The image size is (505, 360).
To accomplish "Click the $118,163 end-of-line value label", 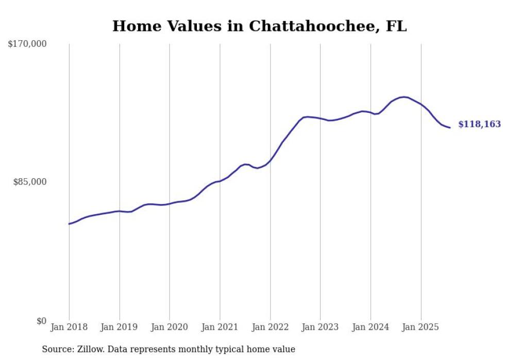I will coord(479,124).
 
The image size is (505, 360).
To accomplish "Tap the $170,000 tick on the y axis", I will coord(27,44).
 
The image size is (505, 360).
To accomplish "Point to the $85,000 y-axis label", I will coord(30,182).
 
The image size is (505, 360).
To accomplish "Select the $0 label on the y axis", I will coord(41,321).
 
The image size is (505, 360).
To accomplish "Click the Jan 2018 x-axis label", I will coord(69,327).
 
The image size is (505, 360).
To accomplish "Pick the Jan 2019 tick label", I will coord(120,327).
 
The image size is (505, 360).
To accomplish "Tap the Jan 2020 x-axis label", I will coord(170,327).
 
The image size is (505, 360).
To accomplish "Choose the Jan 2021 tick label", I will coord(220,327).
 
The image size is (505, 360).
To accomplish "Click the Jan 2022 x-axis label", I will coord(270,327).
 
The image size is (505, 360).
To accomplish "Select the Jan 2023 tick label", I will coord(321,327).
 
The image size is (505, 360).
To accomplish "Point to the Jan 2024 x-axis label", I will coord(371,327).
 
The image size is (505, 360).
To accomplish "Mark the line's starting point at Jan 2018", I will coord(69,224).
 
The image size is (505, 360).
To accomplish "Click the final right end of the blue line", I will coord(450,127).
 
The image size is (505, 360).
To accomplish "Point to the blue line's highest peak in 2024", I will coord(404,97).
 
